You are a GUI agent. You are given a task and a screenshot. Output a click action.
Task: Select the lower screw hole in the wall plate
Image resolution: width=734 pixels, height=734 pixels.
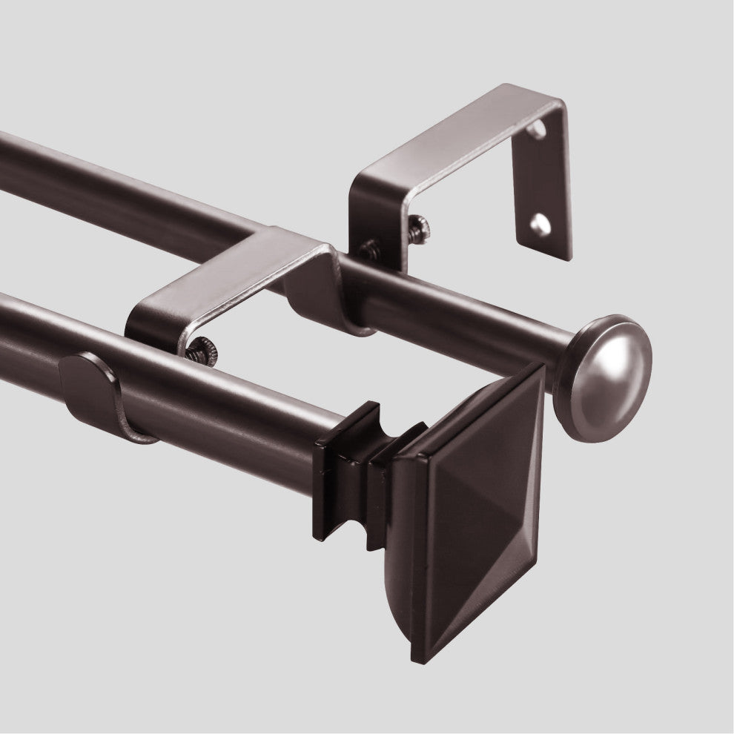[x=540, y=224]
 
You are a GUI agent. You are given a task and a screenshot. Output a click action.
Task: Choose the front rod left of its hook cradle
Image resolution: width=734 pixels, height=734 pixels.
[x=30, y=334]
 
